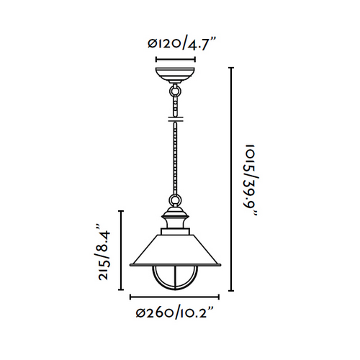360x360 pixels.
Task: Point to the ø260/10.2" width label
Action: pyautogui.click(x=176, y=313)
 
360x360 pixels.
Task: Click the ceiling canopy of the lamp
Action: pyautogui.click(x=176, y=76)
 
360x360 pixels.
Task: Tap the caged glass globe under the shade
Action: pyautogui.click(x=176, y=278)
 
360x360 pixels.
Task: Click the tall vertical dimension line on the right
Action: pyautogui.click(x=231, y=180)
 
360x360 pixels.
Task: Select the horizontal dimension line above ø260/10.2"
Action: pyautogui.click(x=176, y=297)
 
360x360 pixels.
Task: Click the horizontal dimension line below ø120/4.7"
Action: pyautogui.click(x=176, y=58)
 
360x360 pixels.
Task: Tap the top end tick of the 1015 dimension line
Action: pyautogui.click(x=231, y=68)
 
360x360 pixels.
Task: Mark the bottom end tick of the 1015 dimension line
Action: pyautogui.click(x=231, y=292)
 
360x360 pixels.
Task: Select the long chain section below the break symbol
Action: pyautogui.click(x=176, y=158)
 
